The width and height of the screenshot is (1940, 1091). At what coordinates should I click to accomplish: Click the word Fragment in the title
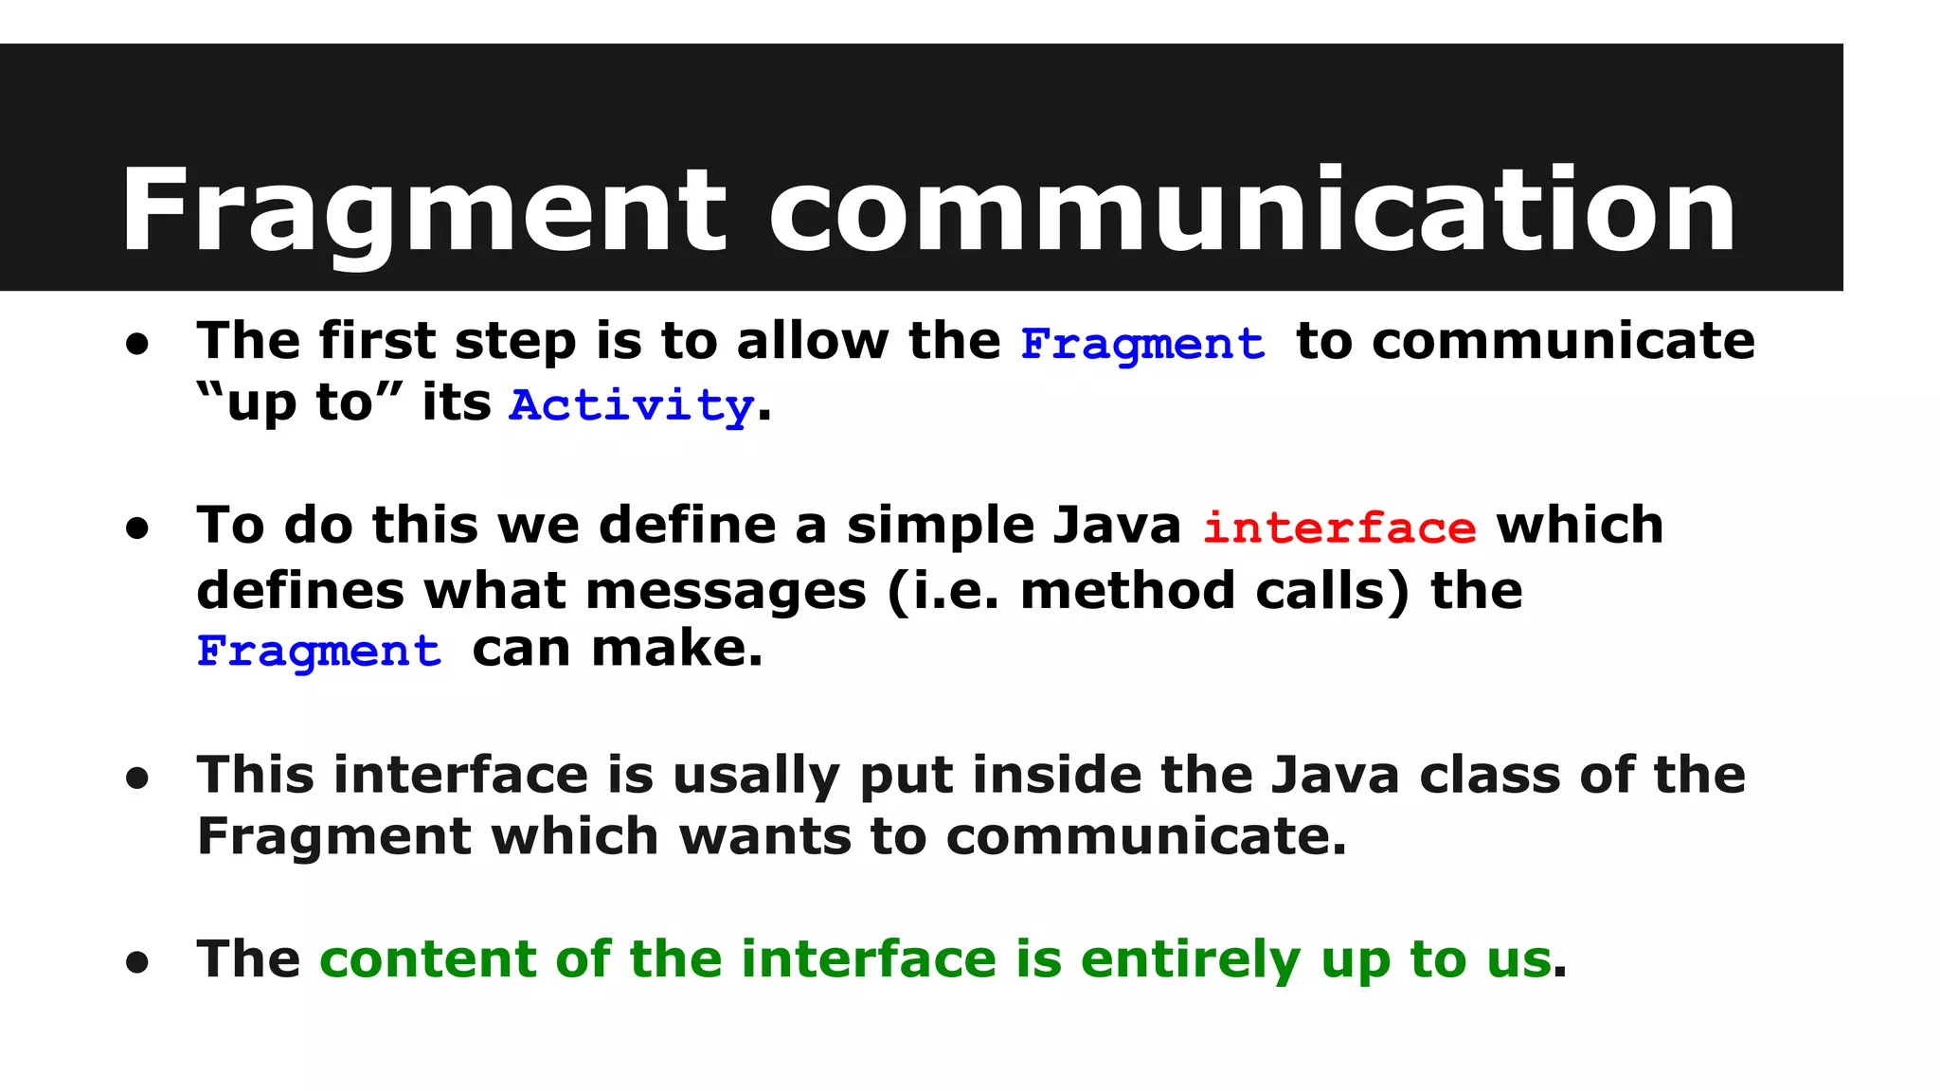[x=422, y=210]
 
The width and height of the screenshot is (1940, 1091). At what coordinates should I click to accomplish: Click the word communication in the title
[x=1252, y=210]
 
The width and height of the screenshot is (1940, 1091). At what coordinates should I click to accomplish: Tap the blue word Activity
[x=631, y=405]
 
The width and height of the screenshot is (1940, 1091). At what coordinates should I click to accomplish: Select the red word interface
[x=1338, y=528]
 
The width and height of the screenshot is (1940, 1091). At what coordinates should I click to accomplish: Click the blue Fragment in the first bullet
[x=1142, y=343]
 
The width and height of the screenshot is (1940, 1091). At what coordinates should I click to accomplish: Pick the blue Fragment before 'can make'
[x=319, y=651]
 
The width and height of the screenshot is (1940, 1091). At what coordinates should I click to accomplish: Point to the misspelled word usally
[x=756, y=776]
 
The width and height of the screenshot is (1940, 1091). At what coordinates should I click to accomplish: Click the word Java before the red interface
[x=1117, y=526]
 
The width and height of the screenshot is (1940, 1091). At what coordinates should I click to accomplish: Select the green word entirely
[x=1191, y=959]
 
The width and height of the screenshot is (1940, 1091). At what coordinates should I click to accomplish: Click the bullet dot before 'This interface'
[x=137, y=778]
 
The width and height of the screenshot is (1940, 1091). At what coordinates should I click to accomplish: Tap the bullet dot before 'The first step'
[x=137, y=345]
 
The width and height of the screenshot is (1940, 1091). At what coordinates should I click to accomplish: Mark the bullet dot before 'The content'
[x=137, y=962]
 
